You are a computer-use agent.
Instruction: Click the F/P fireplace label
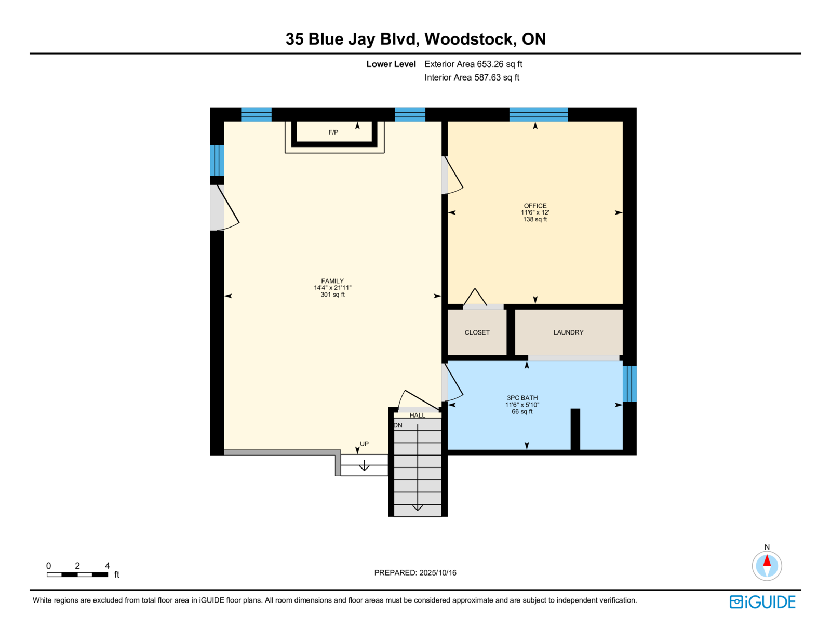point(333,132)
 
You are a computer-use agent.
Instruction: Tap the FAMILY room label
point(332,281)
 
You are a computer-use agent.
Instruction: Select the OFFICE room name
point(535,206)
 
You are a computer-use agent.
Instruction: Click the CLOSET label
point(477,332)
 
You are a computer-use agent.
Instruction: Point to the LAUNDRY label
point(568,332)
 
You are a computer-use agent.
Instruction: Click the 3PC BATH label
point(522,398)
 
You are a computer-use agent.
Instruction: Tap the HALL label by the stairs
point(417,416)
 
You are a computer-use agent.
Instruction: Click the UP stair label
point(365,444)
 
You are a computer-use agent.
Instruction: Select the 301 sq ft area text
point(332,295)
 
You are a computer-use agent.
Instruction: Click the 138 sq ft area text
point(535,219)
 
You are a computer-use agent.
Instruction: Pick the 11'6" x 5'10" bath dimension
point(522,405)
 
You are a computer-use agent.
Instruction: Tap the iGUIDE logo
point(762,601)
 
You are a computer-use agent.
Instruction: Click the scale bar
point(77,574)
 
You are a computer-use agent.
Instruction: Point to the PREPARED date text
point(415,573)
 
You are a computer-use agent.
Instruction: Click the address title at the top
point(415,39)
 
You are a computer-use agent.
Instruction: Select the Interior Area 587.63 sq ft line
point(472,77)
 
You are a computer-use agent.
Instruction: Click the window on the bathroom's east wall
point(629,384)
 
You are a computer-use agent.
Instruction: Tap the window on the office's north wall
point(538,114)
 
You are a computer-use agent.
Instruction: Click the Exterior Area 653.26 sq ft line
point(473,64)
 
